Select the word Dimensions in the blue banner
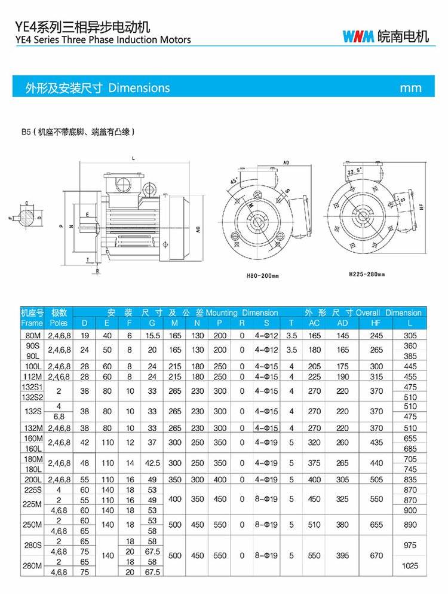[x=139, y=88]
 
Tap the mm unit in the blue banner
[x=410, y=88]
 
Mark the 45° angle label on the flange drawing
[x=234, y=180]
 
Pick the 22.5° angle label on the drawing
[x=355, y=170]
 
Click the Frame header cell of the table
[x=32, y=323]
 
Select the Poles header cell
[x=59, y=323]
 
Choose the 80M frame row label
[x=32, y=336]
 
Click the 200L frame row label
[x=32, y=479]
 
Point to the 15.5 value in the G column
[x=153, y=336]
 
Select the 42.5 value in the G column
[x=153, y=463]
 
